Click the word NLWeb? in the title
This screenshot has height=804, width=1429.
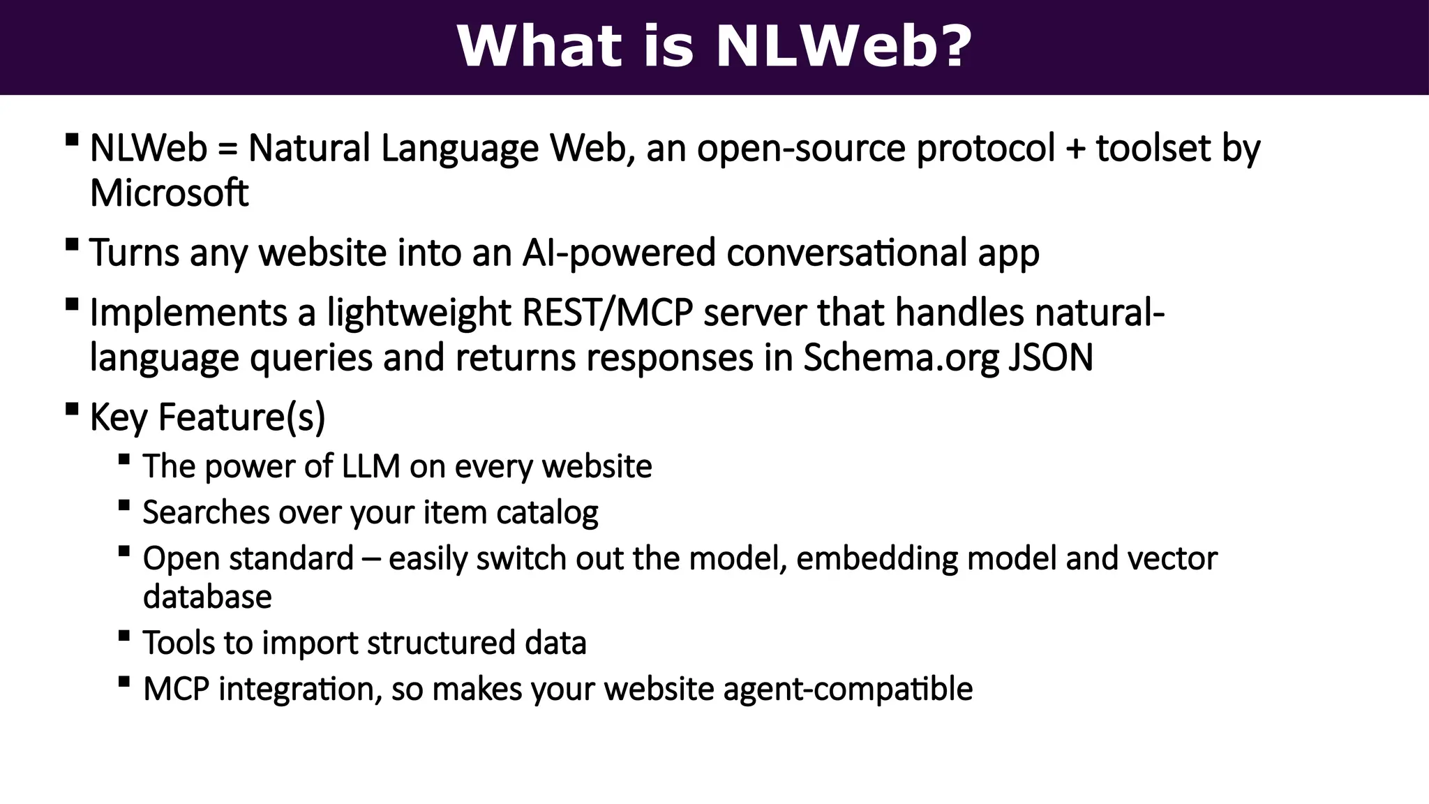[x=844, y=47]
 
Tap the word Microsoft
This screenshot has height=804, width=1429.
[x=169, y=193]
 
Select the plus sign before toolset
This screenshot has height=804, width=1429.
[x=1075, y=149]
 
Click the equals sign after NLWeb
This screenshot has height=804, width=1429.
[x=227, y=149]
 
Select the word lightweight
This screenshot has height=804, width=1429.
[x=419, y=312]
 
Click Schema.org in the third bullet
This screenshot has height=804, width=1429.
[x=901, y=357]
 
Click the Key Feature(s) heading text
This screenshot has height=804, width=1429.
[x=207, y=417]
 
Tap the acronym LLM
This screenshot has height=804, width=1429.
[x=371, y=466]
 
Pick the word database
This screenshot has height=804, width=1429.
[x=207, y=597]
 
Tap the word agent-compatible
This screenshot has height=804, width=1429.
[x=848, y=689]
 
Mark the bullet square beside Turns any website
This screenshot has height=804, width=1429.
[x=71, y=244]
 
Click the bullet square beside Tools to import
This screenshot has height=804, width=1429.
[x=124, y=635]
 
